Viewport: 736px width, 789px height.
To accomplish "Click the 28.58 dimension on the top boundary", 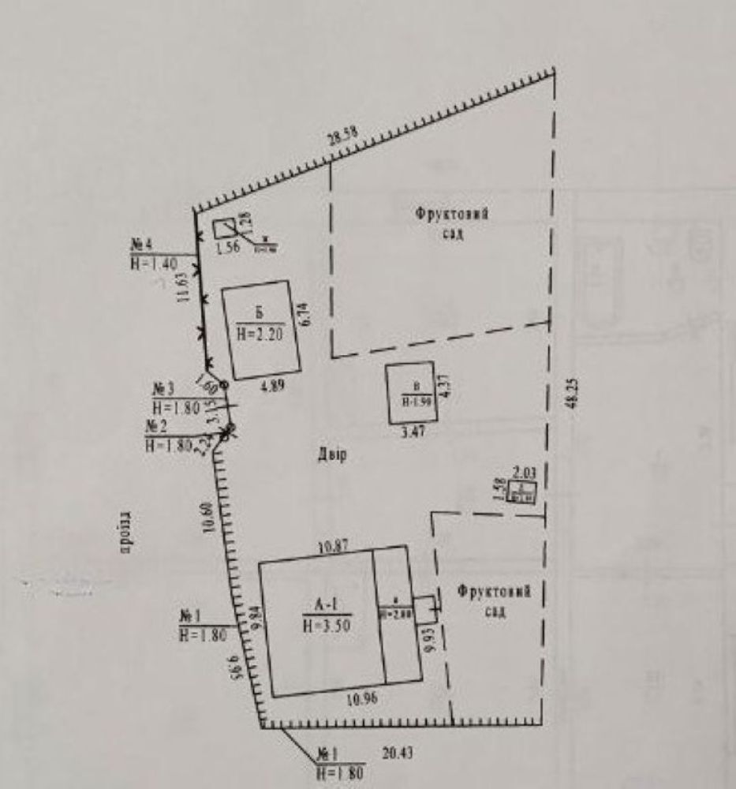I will pyautogui.click(x=343, y=136).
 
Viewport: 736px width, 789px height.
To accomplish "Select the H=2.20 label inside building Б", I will pyautogui.click(x=260, y=334).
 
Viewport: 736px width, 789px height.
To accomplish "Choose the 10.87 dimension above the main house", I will pyautogui.click(x=333, y=547).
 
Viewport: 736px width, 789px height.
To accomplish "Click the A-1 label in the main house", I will pyautogui.click(x=325, y=606).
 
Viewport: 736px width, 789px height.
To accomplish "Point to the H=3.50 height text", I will pyautogui.click(x=325, y=626).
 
